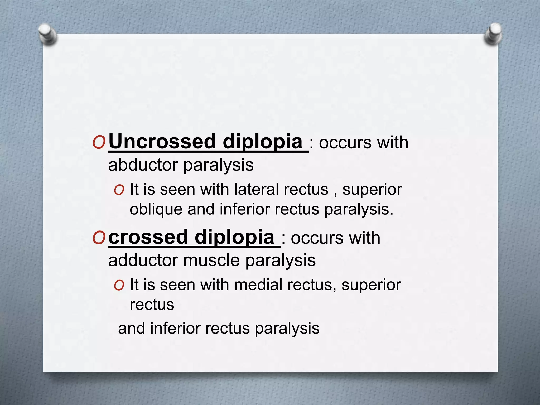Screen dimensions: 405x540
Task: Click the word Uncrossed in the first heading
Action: tap(162, 142)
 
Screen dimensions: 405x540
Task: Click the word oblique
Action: tap(156, 210)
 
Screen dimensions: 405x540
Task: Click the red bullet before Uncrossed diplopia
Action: tap(99, 143)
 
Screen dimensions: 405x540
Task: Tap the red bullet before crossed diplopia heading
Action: tap(99, 238)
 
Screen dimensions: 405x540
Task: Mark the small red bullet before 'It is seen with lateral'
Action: tap(119, 190)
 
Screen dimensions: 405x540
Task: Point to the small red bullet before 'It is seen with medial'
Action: tap(119, 286)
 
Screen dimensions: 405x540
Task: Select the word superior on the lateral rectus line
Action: tap(372, 190)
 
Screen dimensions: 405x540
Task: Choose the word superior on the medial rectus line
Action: tap(371, 285)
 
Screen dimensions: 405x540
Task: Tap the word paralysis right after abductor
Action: tap(218, 165)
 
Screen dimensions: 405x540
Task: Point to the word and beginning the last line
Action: tap(131, 329)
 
